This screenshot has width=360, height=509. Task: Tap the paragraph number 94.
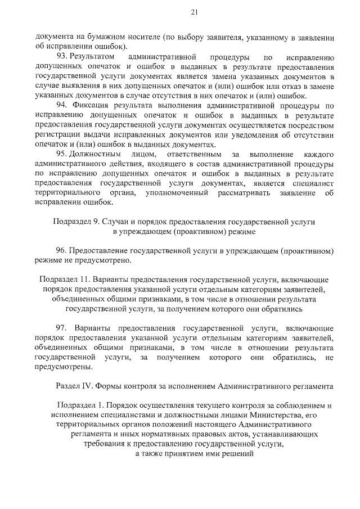(x=62, y=105)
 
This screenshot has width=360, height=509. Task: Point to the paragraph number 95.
(x=62, y=154)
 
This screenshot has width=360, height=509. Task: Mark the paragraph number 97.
(x=62, y=327)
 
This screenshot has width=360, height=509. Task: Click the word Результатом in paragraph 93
(x=93, y=57)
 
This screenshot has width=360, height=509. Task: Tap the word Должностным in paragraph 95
(x=96, y=154)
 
